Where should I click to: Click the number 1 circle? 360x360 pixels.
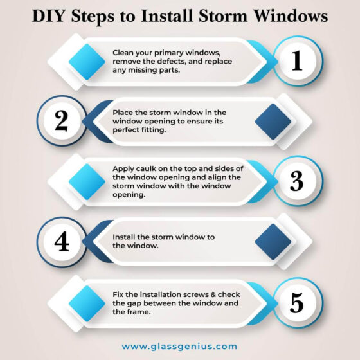click(296, 61)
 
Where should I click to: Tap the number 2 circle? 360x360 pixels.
click(62, 121)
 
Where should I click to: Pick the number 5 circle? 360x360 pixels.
click(296, 301)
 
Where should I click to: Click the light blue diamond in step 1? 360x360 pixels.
click(87, 61)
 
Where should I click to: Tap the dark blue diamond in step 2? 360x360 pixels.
click(273, 121)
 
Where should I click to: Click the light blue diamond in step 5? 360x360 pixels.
click(87, 301)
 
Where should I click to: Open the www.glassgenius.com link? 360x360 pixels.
click(179, 346)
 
